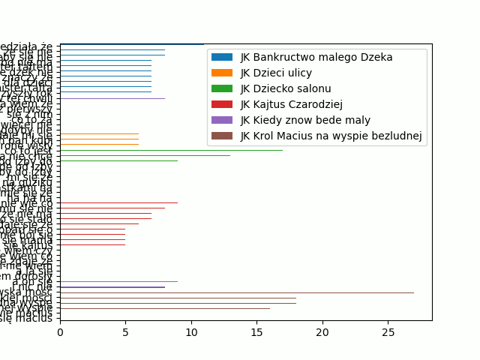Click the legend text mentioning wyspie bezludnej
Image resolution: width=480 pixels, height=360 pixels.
point(331,136)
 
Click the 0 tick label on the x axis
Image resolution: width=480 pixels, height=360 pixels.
point(60,331)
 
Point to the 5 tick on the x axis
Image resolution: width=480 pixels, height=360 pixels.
point(125,331)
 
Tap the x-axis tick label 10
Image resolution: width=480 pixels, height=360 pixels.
point(191,331)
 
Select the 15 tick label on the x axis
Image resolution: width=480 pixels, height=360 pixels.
point(256,331)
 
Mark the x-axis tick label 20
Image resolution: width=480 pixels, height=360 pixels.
point(322,331)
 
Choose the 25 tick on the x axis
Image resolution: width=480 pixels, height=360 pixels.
point(388,331)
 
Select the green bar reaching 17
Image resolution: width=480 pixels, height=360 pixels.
point(171,150)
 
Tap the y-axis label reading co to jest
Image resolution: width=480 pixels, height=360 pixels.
point(28,150)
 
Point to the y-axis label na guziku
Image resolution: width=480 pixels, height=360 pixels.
point(28,182)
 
